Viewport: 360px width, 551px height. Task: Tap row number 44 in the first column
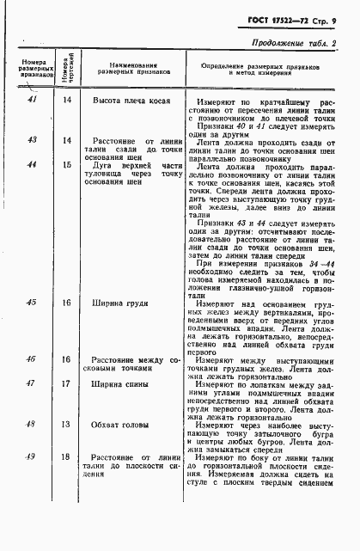click(x=32, y=163)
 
